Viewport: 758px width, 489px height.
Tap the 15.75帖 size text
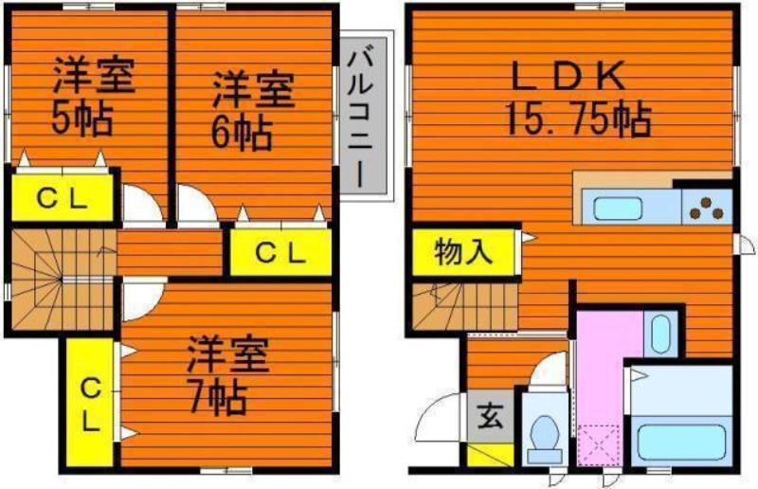(578, 120)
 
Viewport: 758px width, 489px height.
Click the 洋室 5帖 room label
(91, 96)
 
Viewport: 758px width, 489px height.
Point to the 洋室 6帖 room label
(252, 111)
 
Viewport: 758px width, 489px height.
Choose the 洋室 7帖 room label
(227, 375)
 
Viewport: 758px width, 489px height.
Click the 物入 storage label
(463, 252)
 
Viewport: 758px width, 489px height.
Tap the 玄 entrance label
(491, 416)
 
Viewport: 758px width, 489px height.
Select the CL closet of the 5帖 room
(63, 197)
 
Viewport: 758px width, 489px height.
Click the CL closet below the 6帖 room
(280, 253)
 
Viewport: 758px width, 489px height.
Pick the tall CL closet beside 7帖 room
(90, 402)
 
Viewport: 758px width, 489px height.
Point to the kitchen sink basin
(618, 208)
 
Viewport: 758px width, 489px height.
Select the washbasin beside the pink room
(660, 334)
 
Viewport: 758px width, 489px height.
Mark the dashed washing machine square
(600, 444)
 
